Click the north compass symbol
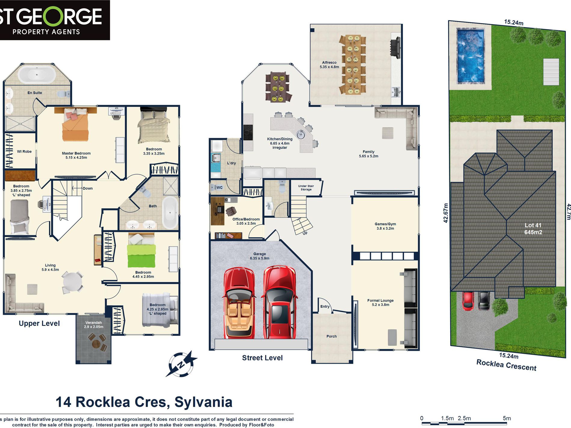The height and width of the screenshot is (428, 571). (x=181, y=364)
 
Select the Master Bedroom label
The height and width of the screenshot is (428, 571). (x=76, y=155)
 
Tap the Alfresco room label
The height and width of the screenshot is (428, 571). (x=329, y=65)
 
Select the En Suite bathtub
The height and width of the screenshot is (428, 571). (x=37, y=74)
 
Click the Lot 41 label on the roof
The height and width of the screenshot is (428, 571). (x=533, y=229)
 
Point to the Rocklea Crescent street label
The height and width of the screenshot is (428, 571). (x=506, y=365)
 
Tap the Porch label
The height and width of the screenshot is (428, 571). (x=331, y=336)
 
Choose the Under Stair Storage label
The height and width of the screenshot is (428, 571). (x=306, y=188)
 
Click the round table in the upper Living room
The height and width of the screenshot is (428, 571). (x=72, y=281)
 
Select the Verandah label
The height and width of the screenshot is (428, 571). (x=93, y=325)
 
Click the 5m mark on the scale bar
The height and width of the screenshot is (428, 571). (x=507, y=418)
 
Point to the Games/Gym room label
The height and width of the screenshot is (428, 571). (x=385, y=226)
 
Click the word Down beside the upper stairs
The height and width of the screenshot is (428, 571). (x=88, y=188)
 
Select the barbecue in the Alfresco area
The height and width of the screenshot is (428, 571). (x=396, y=47)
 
